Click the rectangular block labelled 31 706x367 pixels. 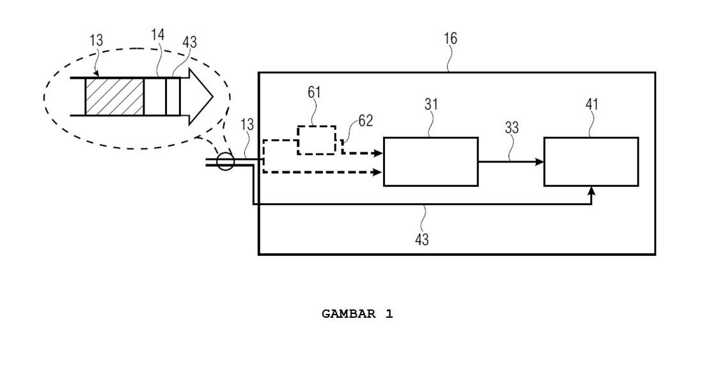[x=430, y=162]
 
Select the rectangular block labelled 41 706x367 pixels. [x=591, y=162]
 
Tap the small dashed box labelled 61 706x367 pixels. [x=317, y=140]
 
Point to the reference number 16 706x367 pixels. [x=451, y=38]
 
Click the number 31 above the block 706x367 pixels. [x=431, y=104]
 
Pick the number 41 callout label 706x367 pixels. [x=592, y=104]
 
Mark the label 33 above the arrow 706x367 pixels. [x=512, y=128]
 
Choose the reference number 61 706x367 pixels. [x=314, y=92]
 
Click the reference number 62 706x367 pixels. [x=365, y=120]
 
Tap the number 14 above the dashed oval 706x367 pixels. [x=158, y=35]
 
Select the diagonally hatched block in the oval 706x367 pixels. [x=114, y=97]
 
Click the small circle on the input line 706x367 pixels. [x=225, y=161]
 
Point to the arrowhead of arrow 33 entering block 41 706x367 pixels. [x=540, y=162]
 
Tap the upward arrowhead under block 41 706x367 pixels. [x=592, y=191]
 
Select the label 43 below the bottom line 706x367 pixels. [x=422, y=239]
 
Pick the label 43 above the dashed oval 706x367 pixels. [x=190, y=42]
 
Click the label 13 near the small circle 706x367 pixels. [x=247, y=125]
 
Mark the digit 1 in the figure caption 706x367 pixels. [x=389, y=314]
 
